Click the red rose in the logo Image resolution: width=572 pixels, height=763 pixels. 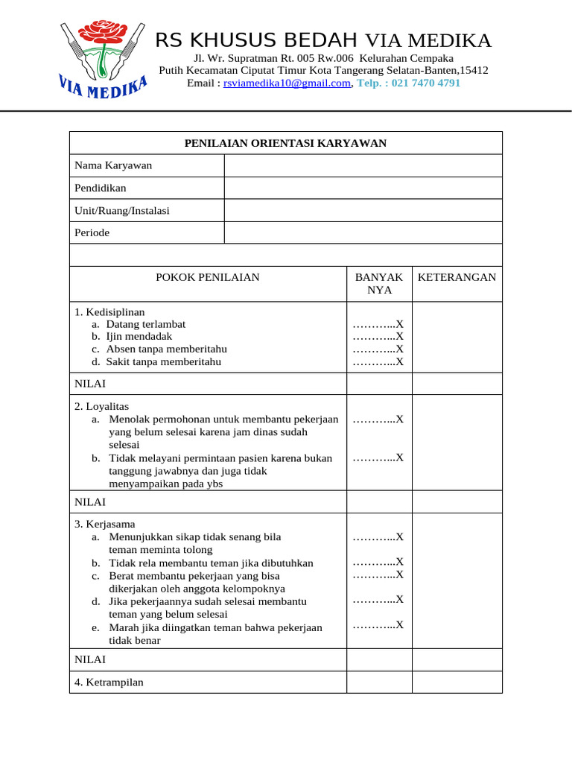point(104,34)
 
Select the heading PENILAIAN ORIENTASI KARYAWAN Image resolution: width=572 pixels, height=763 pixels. point(285,143)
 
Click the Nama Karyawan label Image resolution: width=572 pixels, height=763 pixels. point(113,165)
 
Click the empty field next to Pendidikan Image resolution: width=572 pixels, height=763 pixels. point(363,188)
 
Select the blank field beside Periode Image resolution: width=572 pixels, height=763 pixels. point(363,232)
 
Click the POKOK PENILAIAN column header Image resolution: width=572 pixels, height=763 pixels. point(208,277)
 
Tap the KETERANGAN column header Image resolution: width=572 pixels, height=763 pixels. point(457,277)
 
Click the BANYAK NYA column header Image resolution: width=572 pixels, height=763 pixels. point(379,283)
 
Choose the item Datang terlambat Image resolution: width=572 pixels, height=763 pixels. point(146,324)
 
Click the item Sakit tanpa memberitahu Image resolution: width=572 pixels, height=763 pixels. point(164,362)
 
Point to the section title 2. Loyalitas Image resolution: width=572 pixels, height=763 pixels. point(102,406)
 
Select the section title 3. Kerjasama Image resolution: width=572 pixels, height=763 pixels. point(105,524)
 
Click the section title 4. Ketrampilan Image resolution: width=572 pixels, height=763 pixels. point(109,682)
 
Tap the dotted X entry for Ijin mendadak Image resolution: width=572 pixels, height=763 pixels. point(378,337)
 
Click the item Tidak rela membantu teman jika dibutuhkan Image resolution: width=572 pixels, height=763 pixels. point(211,563)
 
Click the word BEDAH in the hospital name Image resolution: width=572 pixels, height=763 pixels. point(324,40)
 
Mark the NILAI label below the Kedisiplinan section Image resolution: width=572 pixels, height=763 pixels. point(90,384)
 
